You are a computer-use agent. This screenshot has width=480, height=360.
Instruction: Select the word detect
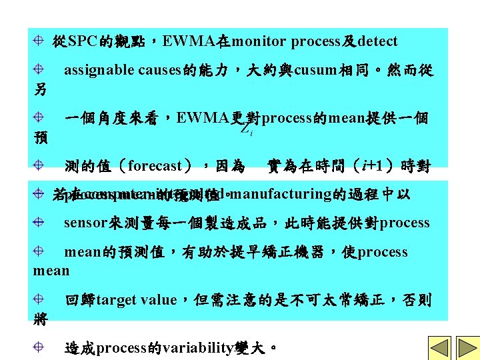(377, 41)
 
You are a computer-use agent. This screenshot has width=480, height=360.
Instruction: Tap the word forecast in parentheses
(155, 165)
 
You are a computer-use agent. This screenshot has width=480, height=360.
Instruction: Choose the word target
(117, 300)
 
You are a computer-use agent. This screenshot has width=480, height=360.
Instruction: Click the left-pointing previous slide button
(439, 347)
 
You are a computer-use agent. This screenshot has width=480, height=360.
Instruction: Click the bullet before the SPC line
(40, 41)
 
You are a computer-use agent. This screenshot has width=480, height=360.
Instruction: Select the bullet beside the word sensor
(40, 223)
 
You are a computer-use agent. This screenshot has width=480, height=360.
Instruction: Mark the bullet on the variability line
(40, 347)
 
